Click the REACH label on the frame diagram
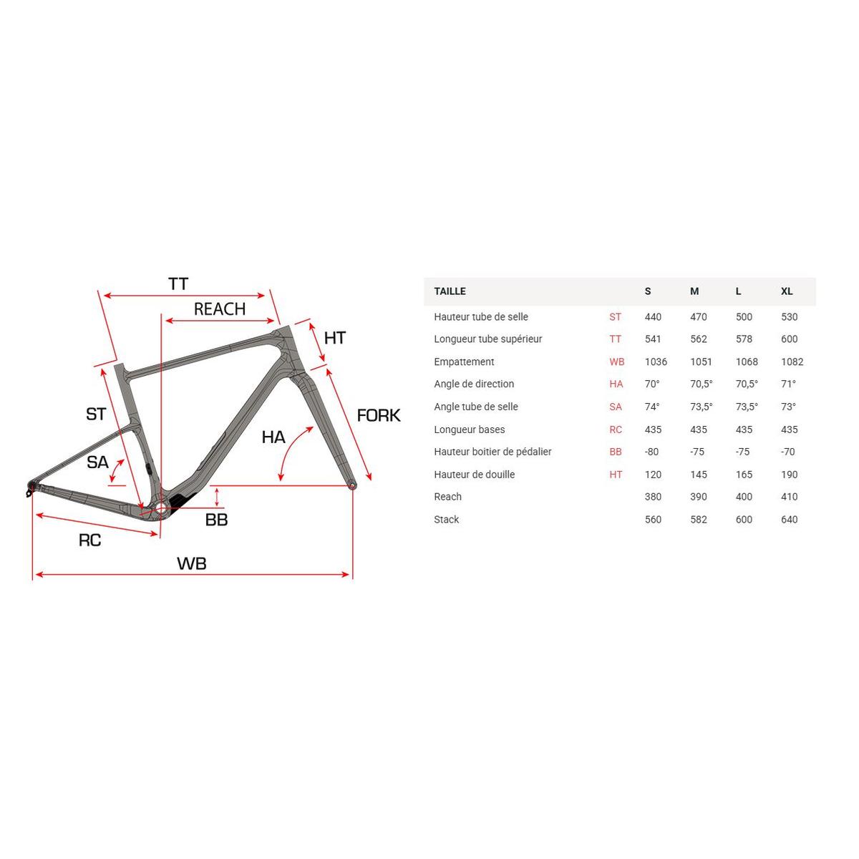click(x=220, y=309)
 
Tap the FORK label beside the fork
click(x=379, y=415)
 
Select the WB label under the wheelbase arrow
click(x=192, y=563)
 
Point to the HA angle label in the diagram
click(x=273, y=437)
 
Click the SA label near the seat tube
click(x=97, y=462)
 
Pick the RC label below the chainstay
click(x=89, y=540)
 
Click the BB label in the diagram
click(x=216, y=520)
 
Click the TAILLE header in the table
click(x=450, y=291)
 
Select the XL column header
click(x=787, y=291)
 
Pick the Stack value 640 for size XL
click(x=789, y=520)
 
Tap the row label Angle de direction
click(x=474, y=384)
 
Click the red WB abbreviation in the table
click(x=616, y=361)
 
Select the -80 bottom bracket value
click(x=651, y=452)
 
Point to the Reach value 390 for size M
click(x=698, y=497)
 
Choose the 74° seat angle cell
click(x=652, y=407)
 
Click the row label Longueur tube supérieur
click(x=487, y=339)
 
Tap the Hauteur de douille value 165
click(x=744, y=475)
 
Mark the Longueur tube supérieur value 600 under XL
click(x=789, y=339)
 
